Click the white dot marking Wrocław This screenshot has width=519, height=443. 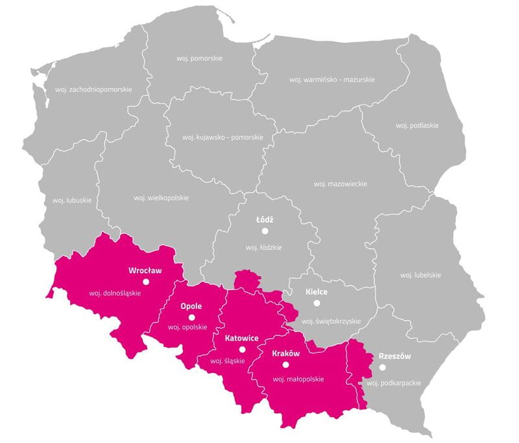click(146, 282)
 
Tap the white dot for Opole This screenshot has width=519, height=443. click(191, 317)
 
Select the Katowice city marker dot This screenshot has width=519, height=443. click(242, 350)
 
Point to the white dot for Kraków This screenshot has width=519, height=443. click(285, 365)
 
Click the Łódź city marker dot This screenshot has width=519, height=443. click(265, 231)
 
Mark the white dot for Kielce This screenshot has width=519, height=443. click(317, 302)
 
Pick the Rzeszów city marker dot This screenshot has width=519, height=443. click(382, 367)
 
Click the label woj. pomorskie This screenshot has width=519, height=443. click(200, 58)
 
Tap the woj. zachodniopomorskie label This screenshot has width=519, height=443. click(94, 89)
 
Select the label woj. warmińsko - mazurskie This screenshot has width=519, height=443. click(332, 80)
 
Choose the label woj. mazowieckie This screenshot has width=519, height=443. click(340, 184)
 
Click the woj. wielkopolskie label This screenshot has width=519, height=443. click(161, 197)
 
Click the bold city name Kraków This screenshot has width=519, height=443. click(285, 354)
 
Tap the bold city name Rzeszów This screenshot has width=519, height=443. click(394, 356)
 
